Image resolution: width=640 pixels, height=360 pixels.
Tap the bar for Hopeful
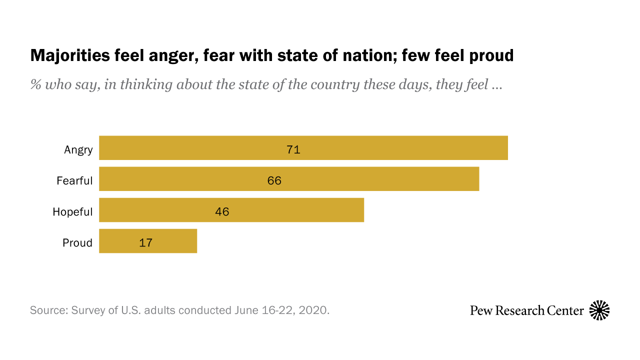click(x=300, y=210)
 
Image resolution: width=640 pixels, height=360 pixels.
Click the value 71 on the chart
click(x=293, y=149)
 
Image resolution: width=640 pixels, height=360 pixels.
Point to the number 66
click(x=274, y=180)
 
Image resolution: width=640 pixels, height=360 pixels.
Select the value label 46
click(x=222, y=211)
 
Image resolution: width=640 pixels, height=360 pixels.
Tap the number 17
click(x=145, y=242)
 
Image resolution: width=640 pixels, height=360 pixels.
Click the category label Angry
click(x=78, y=150)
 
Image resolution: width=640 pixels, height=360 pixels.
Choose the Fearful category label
click(x=74, y=181)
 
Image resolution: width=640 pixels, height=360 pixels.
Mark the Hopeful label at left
click(x=72, y=212)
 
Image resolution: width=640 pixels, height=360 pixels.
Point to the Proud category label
click(x=77, y=243)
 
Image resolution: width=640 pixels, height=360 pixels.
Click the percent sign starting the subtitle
click(x=35, y=84)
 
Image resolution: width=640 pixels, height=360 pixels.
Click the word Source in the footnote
click(x=48, y=310)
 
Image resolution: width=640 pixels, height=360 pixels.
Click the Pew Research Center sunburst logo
click(x=599, y=310)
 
